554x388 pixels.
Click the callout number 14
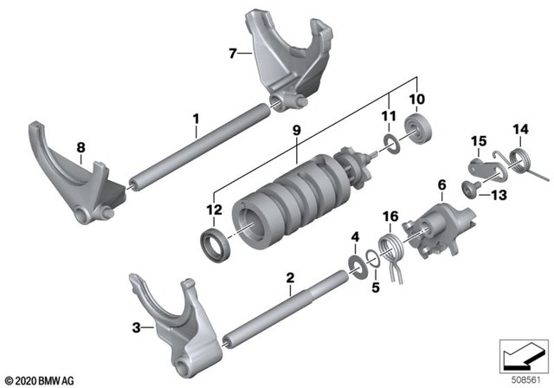click(x=520, y=130)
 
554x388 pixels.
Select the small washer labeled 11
click(x=389, y=143)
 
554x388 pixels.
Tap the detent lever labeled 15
click(x=478, y=166)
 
